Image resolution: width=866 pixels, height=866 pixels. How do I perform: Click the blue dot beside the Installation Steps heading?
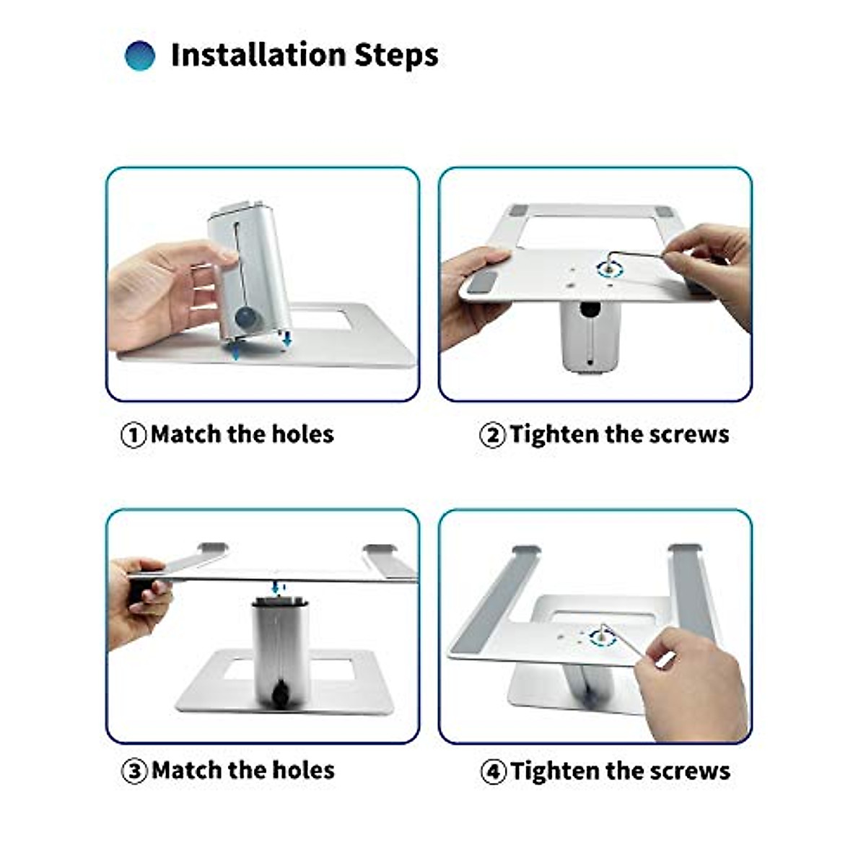140,56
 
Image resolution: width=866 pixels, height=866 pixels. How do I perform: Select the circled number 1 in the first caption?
134,435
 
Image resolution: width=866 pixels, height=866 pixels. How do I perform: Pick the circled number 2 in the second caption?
492,435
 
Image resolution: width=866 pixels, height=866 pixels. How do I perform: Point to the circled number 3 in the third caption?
134,771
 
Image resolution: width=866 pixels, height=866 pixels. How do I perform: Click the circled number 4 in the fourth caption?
494,771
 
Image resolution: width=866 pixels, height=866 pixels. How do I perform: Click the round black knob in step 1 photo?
248,318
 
